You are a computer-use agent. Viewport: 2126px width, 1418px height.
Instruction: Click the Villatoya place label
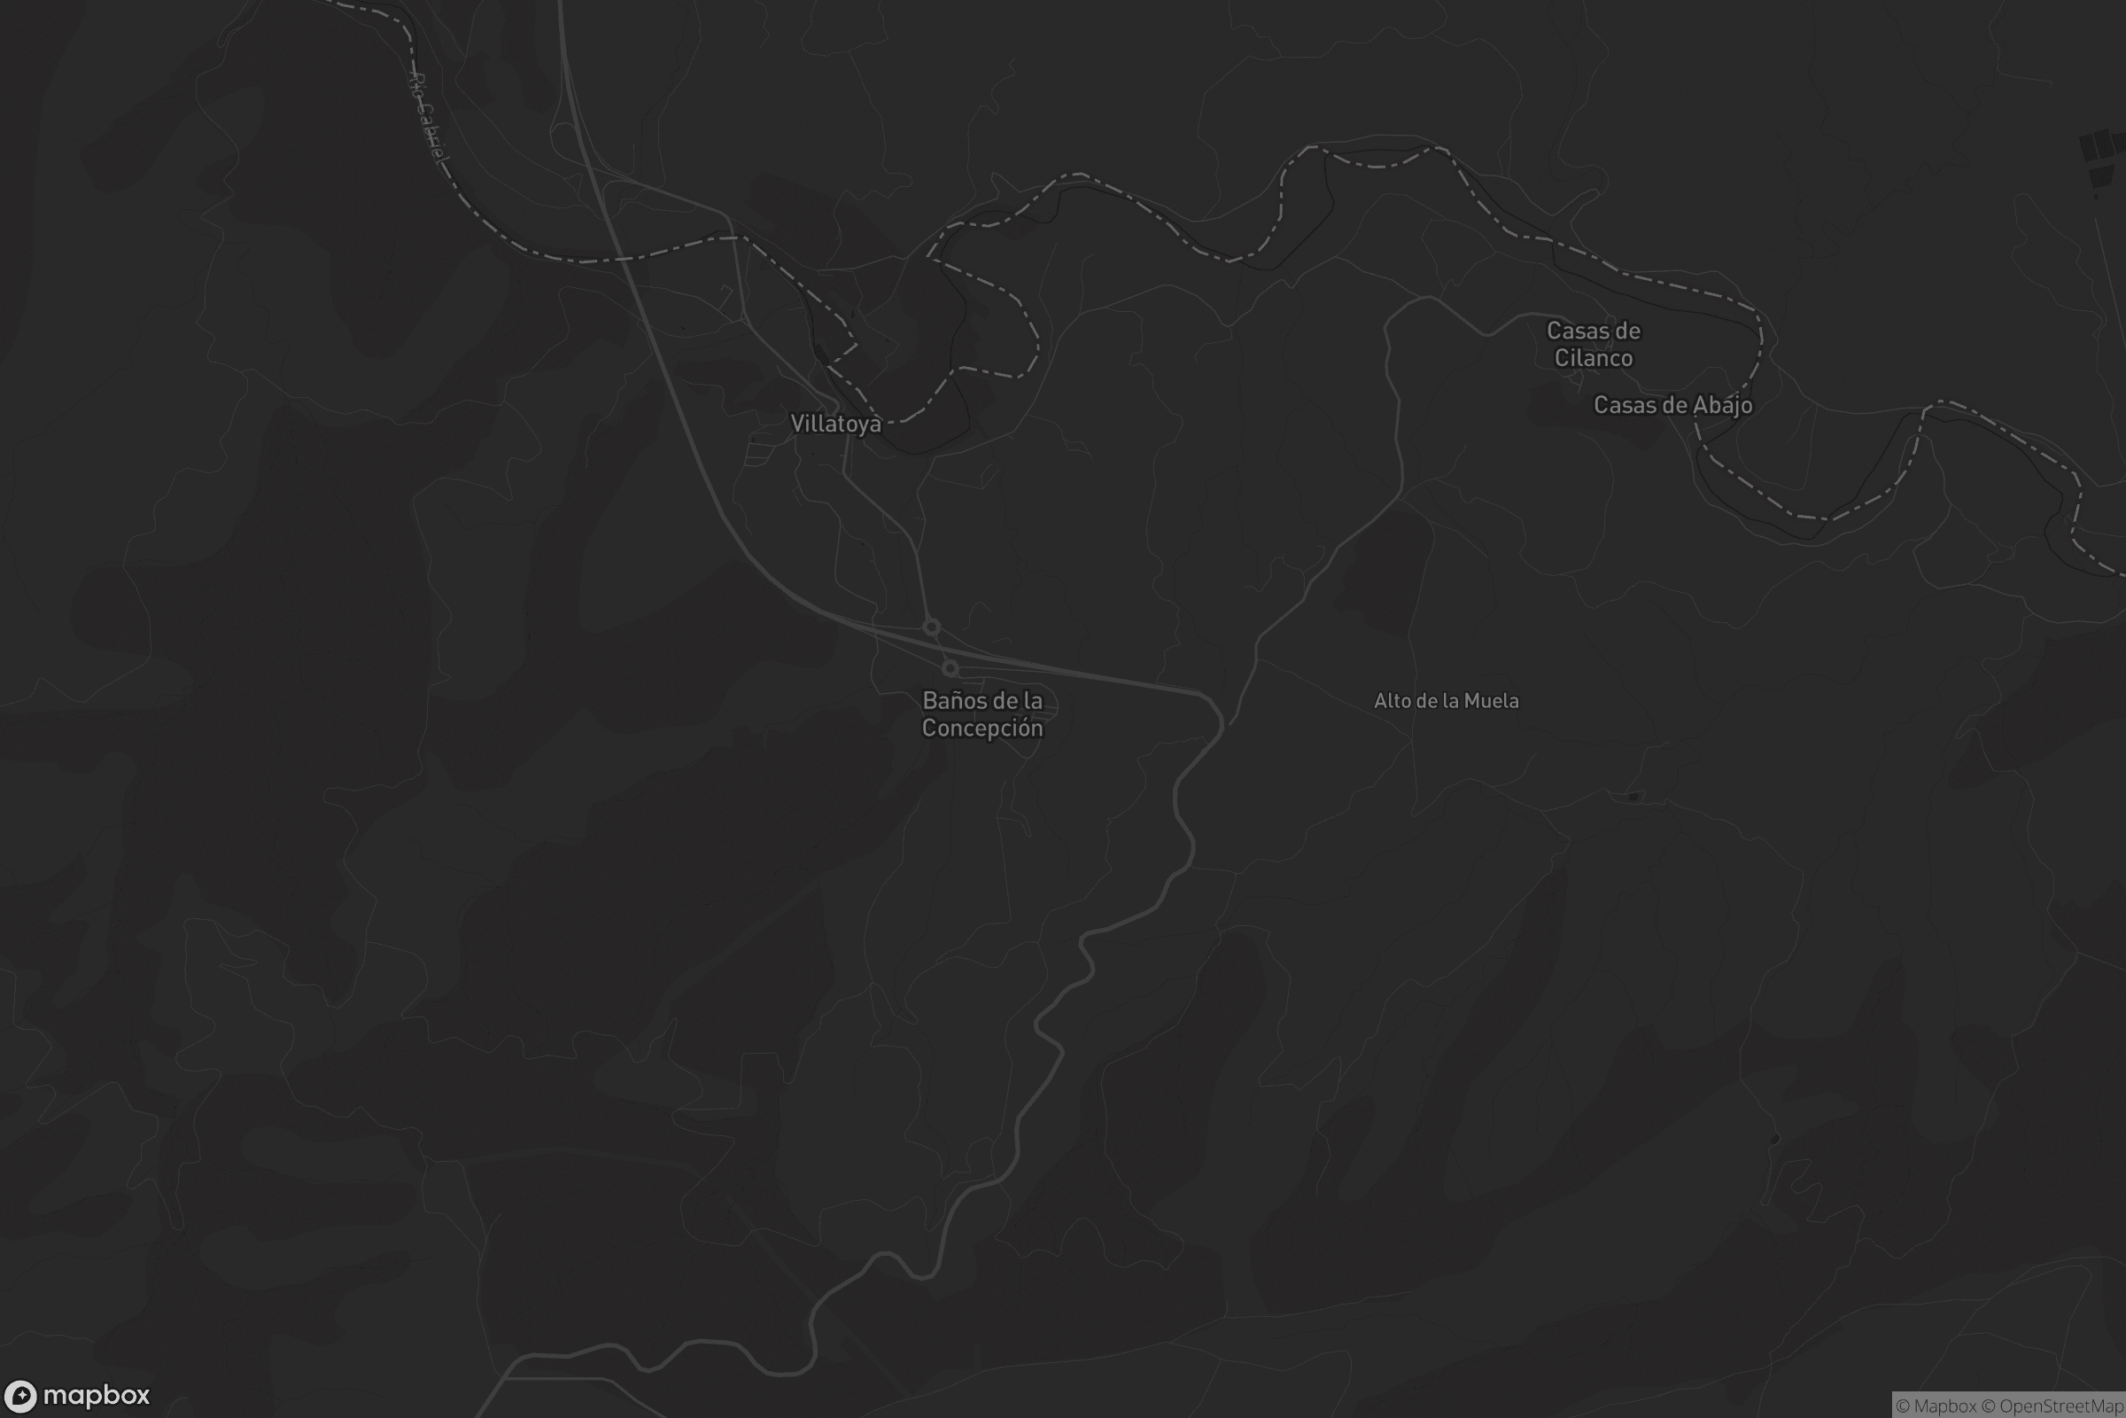coord(835,424)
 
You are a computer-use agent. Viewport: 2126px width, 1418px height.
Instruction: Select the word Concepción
coord(982,728)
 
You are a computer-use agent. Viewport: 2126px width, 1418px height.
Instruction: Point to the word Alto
coord(1393,701)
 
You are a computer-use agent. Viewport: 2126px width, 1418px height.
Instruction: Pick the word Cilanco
coord(1594,358)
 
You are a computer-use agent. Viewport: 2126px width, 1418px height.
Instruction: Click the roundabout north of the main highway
coord(931,627)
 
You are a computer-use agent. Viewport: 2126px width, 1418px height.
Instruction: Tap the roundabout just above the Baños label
coord(950,668)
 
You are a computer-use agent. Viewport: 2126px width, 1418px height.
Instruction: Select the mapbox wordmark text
coord(96,1395)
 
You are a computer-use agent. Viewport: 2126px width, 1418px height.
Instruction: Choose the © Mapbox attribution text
coord(1936,1406)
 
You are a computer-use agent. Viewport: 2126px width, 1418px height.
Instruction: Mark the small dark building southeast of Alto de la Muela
coord(1633,797)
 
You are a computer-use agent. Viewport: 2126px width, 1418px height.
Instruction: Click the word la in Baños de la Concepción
coord(1031,701)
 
